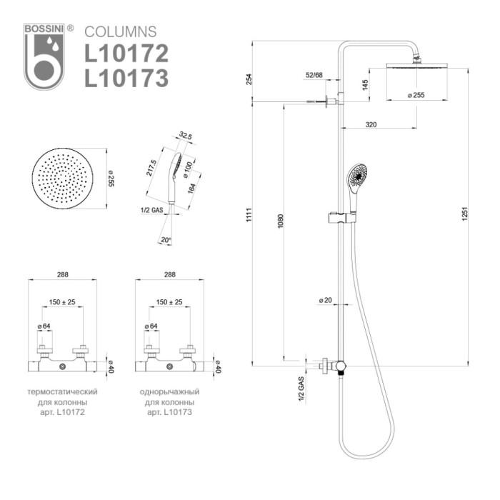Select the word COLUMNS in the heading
[120, 32]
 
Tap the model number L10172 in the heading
[126, 54]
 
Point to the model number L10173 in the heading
[126, 76]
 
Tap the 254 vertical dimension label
[249, 79]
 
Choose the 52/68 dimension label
[314, 75]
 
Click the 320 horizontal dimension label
[371, 125]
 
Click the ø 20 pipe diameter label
[325, 301]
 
